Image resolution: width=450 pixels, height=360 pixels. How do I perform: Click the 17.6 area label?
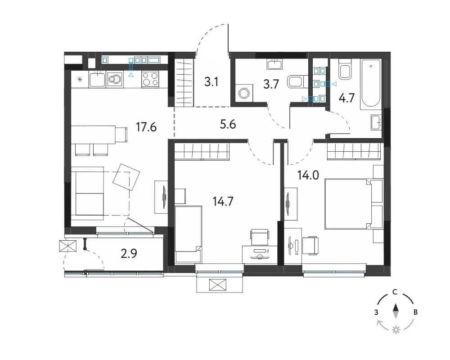146,126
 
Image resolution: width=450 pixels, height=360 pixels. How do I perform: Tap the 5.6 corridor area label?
228,125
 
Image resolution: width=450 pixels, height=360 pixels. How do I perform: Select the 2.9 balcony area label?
129,253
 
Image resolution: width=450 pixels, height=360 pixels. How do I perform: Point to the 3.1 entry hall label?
211,82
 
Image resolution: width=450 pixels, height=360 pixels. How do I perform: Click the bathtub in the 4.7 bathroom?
371,84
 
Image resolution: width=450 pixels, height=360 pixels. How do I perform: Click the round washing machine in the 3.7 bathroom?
244,93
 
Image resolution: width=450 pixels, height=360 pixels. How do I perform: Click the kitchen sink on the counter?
97,79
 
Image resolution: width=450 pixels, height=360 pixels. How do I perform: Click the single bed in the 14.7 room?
188,234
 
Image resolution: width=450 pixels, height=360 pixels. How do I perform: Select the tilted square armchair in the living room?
126,177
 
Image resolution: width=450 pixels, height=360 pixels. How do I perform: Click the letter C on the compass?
395,292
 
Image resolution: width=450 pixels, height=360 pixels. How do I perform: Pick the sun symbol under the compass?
396,330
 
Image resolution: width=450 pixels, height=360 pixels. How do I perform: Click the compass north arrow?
396,311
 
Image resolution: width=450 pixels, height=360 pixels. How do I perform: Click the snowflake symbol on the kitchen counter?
80,79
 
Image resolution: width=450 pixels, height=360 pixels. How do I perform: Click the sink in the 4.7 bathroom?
376,122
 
